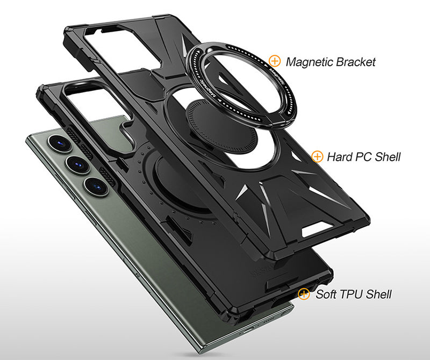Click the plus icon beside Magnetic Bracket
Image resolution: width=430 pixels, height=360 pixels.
point(275,61)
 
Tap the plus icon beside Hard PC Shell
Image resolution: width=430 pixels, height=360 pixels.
point(318,156)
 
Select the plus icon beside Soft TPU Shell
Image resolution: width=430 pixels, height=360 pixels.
point(304,294)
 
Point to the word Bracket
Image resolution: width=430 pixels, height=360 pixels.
point(356,61)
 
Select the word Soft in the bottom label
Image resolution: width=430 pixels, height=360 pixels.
point(327,294)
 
